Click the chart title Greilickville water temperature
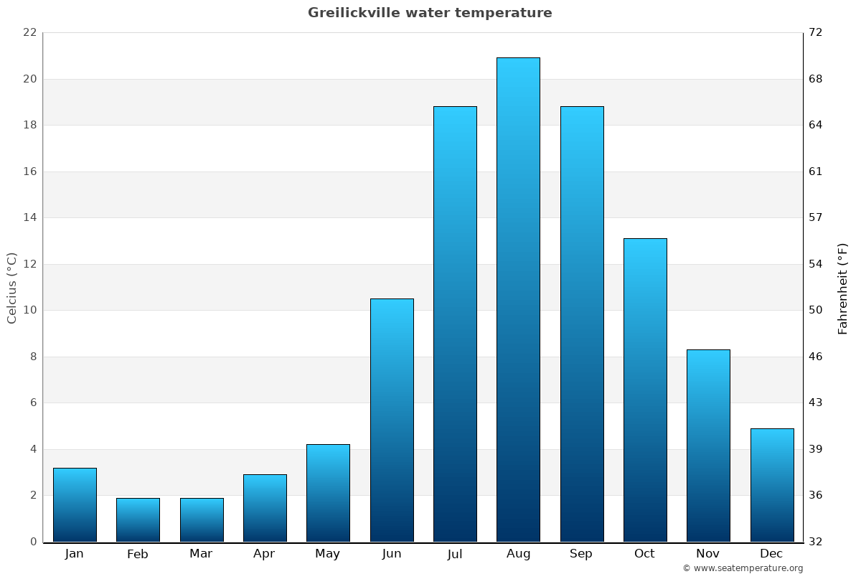point(430,13)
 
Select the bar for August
point(518,299)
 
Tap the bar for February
point(138,519)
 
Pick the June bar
point(392,420)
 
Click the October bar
point(645,390)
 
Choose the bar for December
point(772,485)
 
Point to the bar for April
point(265,508)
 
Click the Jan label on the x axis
point(75,554)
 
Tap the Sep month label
point(581,554)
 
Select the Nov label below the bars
point(708,554)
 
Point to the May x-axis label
point(328,554)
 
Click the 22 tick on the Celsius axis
point(29,32)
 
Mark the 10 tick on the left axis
point(29,310)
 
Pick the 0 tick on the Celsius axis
point(33,542)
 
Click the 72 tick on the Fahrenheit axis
point(816,32)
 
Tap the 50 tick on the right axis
point(816,310)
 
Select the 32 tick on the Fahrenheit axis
point(816,542)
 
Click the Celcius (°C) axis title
point(12,288)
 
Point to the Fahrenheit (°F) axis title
point(843,288)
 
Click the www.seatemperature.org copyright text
point(743,568)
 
